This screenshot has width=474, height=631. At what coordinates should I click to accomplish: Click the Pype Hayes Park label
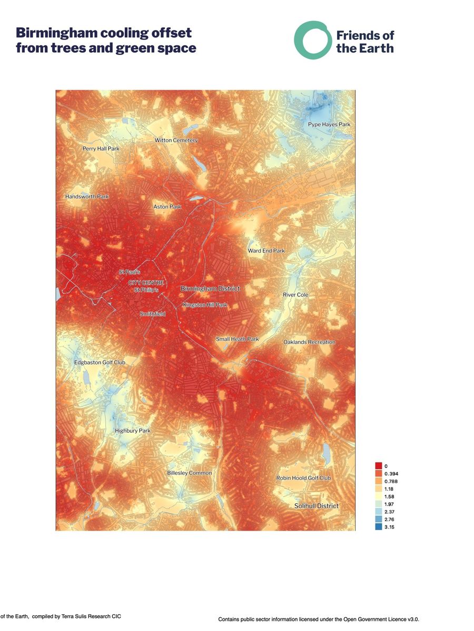329,125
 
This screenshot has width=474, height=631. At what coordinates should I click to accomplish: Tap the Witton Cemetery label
176,140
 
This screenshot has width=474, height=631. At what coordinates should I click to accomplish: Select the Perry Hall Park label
101,149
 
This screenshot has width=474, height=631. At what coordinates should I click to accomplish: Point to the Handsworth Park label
86,197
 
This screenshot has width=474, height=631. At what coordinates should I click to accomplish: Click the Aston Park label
167,207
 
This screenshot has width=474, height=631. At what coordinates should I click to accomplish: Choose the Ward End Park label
266,251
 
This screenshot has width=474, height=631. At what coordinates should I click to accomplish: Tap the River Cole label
295,295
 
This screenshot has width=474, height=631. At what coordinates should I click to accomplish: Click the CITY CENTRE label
146,283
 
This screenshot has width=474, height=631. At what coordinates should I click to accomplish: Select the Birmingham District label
210,289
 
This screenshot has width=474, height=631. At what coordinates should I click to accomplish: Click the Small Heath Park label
237,339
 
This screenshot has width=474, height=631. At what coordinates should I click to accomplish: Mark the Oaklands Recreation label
309,342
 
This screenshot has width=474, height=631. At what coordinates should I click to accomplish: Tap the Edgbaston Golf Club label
100,362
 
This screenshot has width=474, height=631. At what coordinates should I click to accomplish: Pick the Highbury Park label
132,431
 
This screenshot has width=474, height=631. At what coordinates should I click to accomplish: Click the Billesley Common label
189,473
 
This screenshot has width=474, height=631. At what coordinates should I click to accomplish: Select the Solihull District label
316,506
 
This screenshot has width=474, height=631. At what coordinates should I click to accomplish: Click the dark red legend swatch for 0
378,466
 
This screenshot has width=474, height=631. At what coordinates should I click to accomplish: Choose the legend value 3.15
390,527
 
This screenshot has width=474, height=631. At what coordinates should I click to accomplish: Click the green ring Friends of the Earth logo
313,40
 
